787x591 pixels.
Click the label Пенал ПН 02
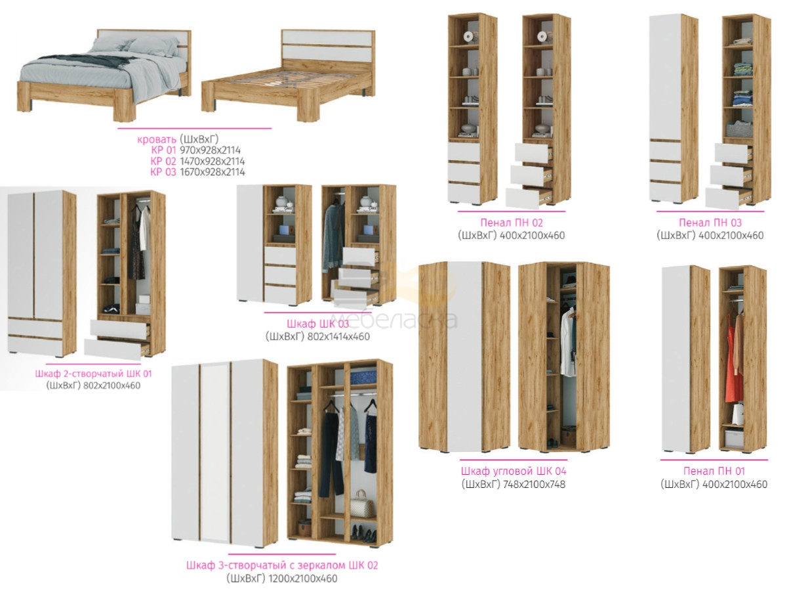[x=512, y=223]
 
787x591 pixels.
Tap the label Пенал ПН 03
[x=710, y=223]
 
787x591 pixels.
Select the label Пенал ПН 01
[x=714, y=471]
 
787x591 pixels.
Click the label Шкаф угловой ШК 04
[x=514, y=471]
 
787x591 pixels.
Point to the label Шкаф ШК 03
[x=317, y=324]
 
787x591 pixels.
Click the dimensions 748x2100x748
[x=534, y=485]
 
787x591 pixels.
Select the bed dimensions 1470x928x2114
[x=212, y=161]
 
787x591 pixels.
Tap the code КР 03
[x=163, y=172]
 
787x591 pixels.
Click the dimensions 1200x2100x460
[x=302, y=579]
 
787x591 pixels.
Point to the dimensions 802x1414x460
[x=338, y=337]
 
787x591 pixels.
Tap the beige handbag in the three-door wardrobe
[x=362, y=504]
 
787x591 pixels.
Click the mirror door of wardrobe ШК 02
[x=215, y=453]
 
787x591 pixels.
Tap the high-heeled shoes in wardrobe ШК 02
[x=363, y=534]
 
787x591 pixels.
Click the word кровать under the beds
[x=157, y=139]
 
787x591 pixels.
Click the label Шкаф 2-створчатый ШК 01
[x=93, y=374]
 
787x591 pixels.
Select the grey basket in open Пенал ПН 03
[x=739, y=129]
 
